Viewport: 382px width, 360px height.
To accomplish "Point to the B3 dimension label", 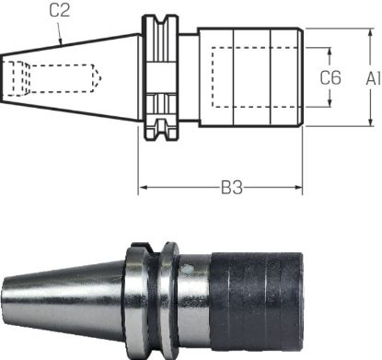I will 231,189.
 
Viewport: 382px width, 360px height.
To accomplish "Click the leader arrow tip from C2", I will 62,45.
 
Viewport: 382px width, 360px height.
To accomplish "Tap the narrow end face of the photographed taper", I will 6,296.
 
